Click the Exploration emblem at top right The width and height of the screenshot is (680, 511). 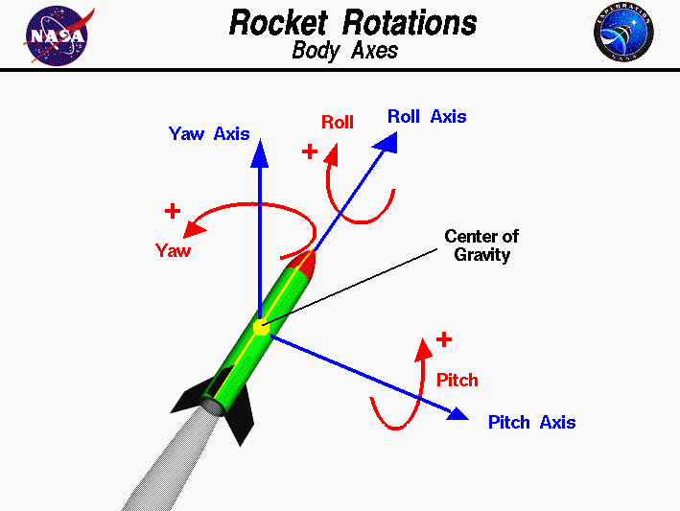pos(623,35)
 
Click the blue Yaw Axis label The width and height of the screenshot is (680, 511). pos(209,134)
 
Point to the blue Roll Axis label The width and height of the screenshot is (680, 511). pos(427,117)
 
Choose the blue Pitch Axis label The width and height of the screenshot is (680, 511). pos(531,423)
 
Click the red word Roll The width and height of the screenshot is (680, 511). pos(337,122)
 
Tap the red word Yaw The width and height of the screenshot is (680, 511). pos(173,251)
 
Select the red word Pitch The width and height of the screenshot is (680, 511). pos(457,380)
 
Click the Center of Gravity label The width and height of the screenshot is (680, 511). pos(481,245)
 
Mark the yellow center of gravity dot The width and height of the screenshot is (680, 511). pos(262,327)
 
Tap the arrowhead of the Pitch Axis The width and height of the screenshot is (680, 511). pos(457,414)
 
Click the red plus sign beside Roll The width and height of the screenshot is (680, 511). pos(310,151)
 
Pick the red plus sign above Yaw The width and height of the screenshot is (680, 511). pos(173,210)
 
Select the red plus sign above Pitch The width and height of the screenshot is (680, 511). pos(443,339)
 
